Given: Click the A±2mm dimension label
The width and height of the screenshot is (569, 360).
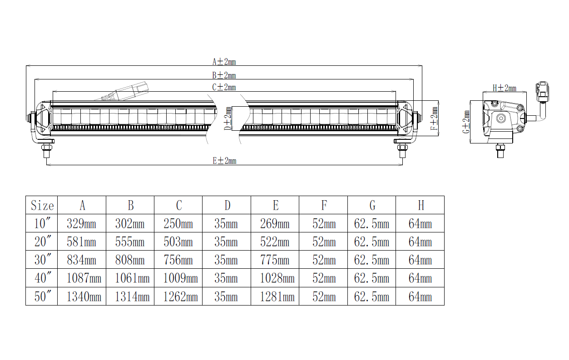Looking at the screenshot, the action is click(x=224, y=62).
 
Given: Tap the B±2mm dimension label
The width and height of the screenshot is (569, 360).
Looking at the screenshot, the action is click(x=224, y=75).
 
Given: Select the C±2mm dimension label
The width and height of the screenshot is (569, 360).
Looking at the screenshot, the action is click(x=224, y=87).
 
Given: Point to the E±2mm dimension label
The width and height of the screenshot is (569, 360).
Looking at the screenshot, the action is click(x=224, y=161).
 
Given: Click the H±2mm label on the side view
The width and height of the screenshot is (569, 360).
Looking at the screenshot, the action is click(x=505, y=88).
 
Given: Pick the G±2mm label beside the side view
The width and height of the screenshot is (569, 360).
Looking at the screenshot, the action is click(x=466, y=122).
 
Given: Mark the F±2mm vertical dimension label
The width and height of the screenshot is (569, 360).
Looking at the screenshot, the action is click(x=434, y=118).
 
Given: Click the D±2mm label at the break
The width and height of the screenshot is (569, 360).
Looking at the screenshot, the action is click(x=228, y=118).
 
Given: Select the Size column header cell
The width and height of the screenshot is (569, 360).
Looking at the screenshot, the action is click(x=42, y=205).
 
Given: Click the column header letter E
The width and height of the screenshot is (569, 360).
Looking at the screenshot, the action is click(x=276, y=205).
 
